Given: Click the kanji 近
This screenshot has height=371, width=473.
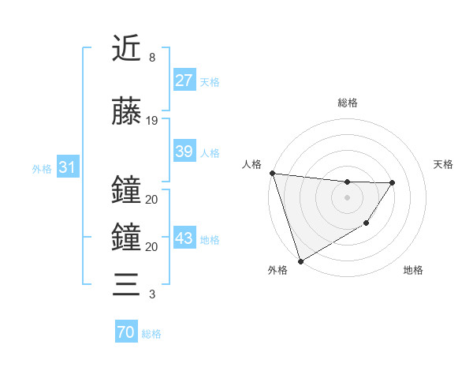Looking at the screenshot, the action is [126, 50].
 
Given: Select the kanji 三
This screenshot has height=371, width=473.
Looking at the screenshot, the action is [126, 283].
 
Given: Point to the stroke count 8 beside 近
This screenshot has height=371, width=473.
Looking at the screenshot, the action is [151, 58].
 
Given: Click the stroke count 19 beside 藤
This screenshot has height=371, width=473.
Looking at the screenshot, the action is [152, 121].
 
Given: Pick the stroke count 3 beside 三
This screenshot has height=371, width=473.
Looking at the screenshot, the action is [151, 294].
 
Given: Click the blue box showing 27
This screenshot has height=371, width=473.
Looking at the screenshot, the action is [184, 81].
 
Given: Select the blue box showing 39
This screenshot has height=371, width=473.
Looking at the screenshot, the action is [184, 152].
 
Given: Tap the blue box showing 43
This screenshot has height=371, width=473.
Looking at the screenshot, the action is [184, 239].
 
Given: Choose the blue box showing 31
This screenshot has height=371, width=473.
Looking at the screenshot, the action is [66, 167].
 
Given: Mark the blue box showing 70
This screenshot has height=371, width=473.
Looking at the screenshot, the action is [125, 332].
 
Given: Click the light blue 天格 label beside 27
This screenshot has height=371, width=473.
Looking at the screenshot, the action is [210, 81].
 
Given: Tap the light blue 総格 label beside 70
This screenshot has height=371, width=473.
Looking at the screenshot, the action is [151, 334].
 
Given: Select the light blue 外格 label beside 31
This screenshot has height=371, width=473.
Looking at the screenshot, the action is [42, 168].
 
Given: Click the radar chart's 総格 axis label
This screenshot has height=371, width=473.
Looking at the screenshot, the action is [347, 103].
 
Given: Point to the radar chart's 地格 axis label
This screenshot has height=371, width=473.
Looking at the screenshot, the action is [413, 271].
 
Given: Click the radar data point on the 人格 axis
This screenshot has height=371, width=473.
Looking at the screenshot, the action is [272, 173].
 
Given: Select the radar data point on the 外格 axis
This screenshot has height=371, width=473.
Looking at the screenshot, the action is [300, 260].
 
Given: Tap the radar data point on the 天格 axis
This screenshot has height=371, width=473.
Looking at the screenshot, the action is [392, 182].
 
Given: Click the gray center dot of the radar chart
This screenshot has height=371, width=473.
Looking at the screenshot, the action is [347, 197].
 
